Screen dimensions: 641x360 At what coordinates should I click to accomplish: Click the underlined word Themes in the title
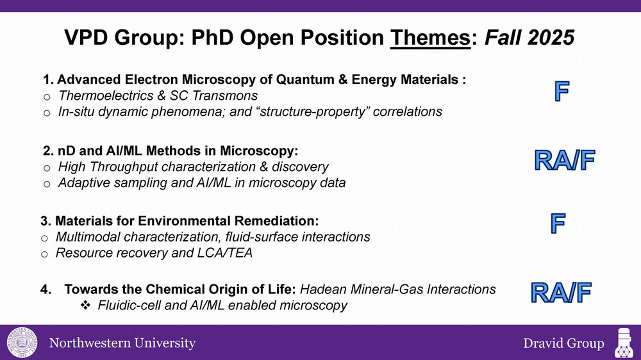431,38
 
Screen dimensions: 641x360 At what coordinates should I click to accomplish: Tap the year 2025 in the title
551,38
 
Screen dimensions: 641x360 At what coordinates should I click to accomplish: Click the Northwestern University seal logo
22,343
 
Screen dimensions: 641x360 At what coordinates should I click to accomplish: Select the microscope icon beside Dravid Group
624,343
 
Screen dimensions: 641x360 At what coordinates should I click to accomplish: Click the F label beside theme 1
562,91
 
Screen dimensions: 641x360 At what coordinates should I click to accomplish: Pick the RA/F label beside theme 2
564,160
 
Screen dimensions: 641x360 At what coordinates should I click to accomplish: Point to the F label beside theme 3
558,224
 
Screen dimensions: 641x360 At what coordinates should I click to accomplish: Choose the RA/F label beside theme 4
561,293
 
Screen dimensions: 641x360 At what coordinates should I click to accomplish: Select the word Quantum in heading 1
304,79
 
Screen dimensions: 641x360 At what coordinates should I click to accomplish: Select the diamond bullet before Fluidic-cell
85,306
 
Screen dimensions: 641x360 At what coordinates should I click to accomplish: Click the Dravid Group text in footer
563,343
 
